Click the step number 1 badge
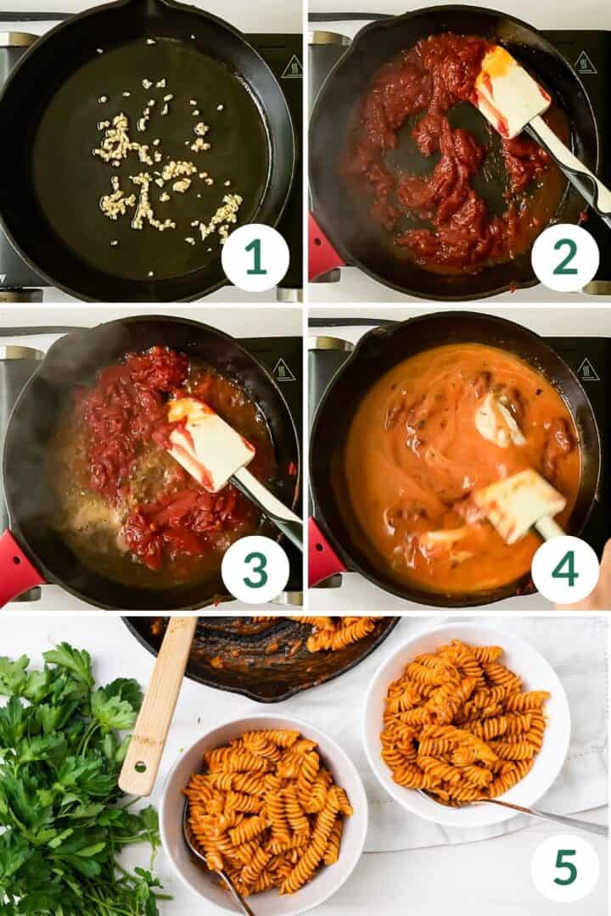(255, 257)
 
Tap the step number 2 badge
(564, 257)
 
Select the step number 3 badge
(255, 569)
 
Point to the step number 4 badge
(564, 569)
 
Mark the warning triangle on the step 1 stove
(291, 67)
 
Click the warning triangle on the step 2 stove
(585, 62)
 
